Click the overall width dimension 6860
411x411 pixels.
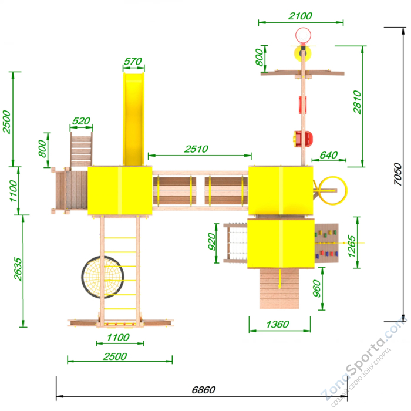203,390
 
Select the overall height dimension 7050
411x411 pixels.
397,174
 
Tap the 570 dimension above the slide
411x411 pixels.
133,61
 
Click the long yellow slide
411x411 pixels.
133,119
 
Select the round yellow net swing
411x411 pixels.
103,277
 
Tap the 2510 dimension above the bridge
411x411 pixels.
196,149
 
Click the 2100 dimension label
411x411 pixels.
300,16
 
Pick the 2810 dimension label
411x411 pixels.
357,102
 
